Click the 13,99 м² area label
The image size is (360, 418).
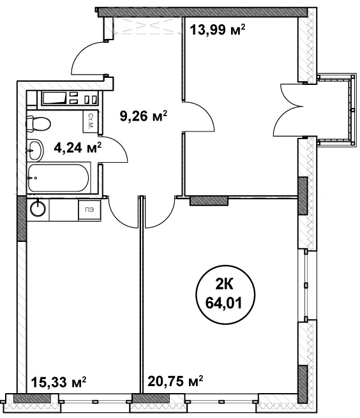217,29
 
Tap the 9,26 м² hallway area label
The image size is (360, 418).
144,116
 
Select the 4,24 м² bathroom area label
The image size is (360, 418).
78,147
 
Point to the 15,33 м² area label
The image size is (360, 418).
59,382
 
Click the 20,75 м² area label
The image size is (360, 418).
176,381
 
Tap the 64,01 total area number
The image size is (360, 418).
223,303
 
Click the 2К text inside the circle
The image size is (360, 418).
224,285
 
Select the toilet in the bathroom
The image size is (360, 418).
38,123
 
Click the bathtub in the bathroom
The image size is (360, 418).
58,178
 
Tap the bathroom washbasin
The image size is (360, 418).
35,150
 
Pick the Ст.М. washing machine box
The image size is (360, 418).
90,121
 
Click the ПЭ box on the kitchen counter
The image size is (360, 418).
89,210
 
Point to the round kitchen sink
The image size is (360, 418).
38,208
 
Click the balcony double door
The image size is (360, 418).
289,110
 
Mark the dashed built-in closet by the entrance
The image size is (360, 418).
147,26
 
